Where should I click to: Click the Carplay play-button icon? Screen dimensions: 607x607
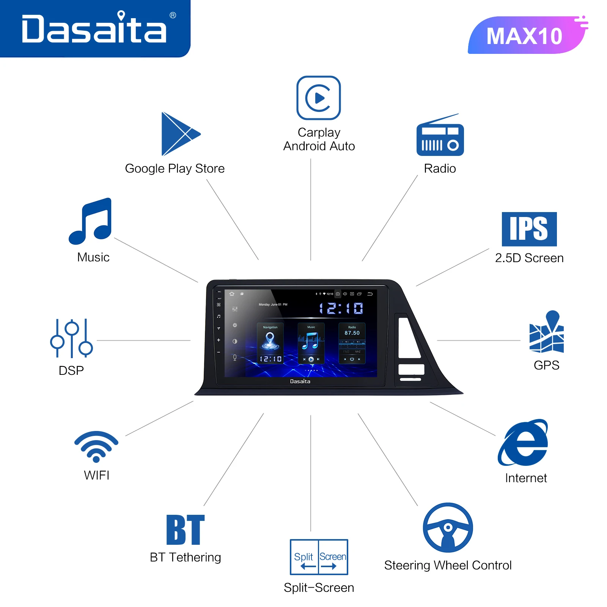[x=319, y=98]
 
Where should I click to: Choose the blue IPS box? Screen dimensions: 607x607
[x=529, y=229]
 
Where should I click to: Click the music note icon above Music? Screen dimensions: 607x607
[x=91, y=221]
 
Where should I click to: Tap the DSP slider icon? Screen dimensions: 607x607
[x=71, y=338]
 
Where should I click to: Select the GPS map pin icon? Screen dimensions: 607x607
[x=547, y=332]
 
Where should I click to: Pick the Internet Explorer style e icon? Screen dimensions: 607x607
[x=524, y=443]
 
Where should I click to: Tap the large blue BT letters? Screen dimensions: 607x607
[x=186, y=530]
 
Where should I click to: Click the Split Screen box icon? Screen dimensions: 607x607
[x=319, y=557]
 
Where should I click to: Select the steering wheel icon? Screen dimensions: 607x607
[x=448, y=528]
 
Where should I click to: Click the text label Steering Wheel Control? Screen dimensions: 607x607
[x=448, y=565]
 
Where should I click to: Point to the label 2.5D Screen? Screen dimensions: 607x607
[x=529, y=258]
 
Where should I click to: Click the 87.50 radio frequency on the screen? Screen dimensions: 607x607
[x=352, y=333]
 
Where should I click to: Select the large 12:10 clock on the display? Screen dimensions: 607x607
[x=341, y=308]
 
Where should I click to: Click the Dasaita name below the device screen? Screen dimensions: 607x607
[x=300, y=381]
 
